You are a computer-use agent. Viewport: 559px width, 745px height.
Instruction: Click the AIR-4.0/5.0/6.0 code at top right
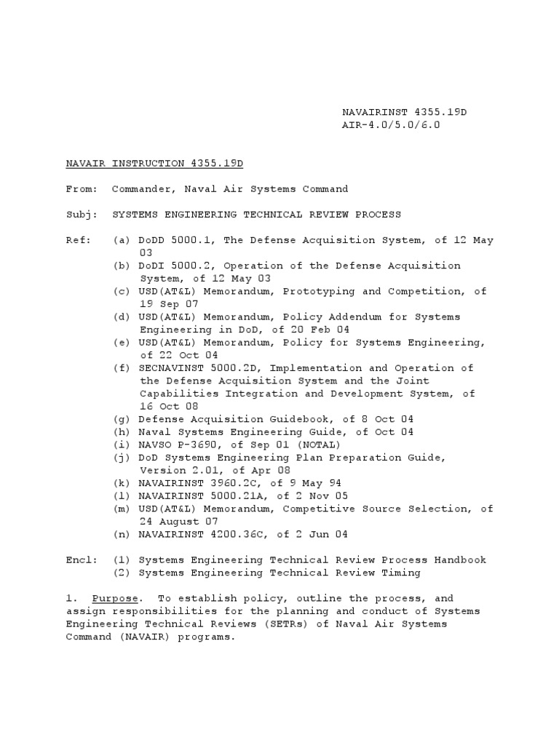coord(391,125)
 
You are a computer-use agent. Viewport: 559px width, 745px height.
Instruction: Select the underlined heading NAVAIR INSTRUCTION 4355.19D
coord(154,164)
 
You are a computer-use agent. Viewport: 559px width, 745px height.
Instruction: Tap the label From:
coord(81,189)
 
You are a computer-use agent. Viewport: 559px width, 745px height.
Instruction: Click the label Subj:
coord(81,215)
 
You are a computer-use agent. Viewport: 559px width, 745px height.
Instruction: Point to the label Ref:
coord(78,240)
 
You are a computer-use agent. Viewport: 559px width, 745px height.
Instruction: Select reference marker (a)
coord(122,240)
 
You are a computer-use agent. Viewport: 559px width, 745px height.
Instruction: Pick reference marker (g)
coord(122,420)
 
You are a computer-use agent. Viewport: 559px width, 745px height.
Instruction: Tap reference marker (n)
coord(122,535)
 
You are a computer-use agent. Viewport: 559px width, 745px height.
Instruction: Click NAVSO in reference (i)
coord(154,445)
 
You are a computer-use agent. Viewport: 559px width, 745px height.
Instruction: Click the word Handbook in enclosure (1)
coord(461,560)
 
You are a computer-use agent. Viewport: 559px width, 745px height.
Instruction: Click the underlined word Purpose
coord(113,599)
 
